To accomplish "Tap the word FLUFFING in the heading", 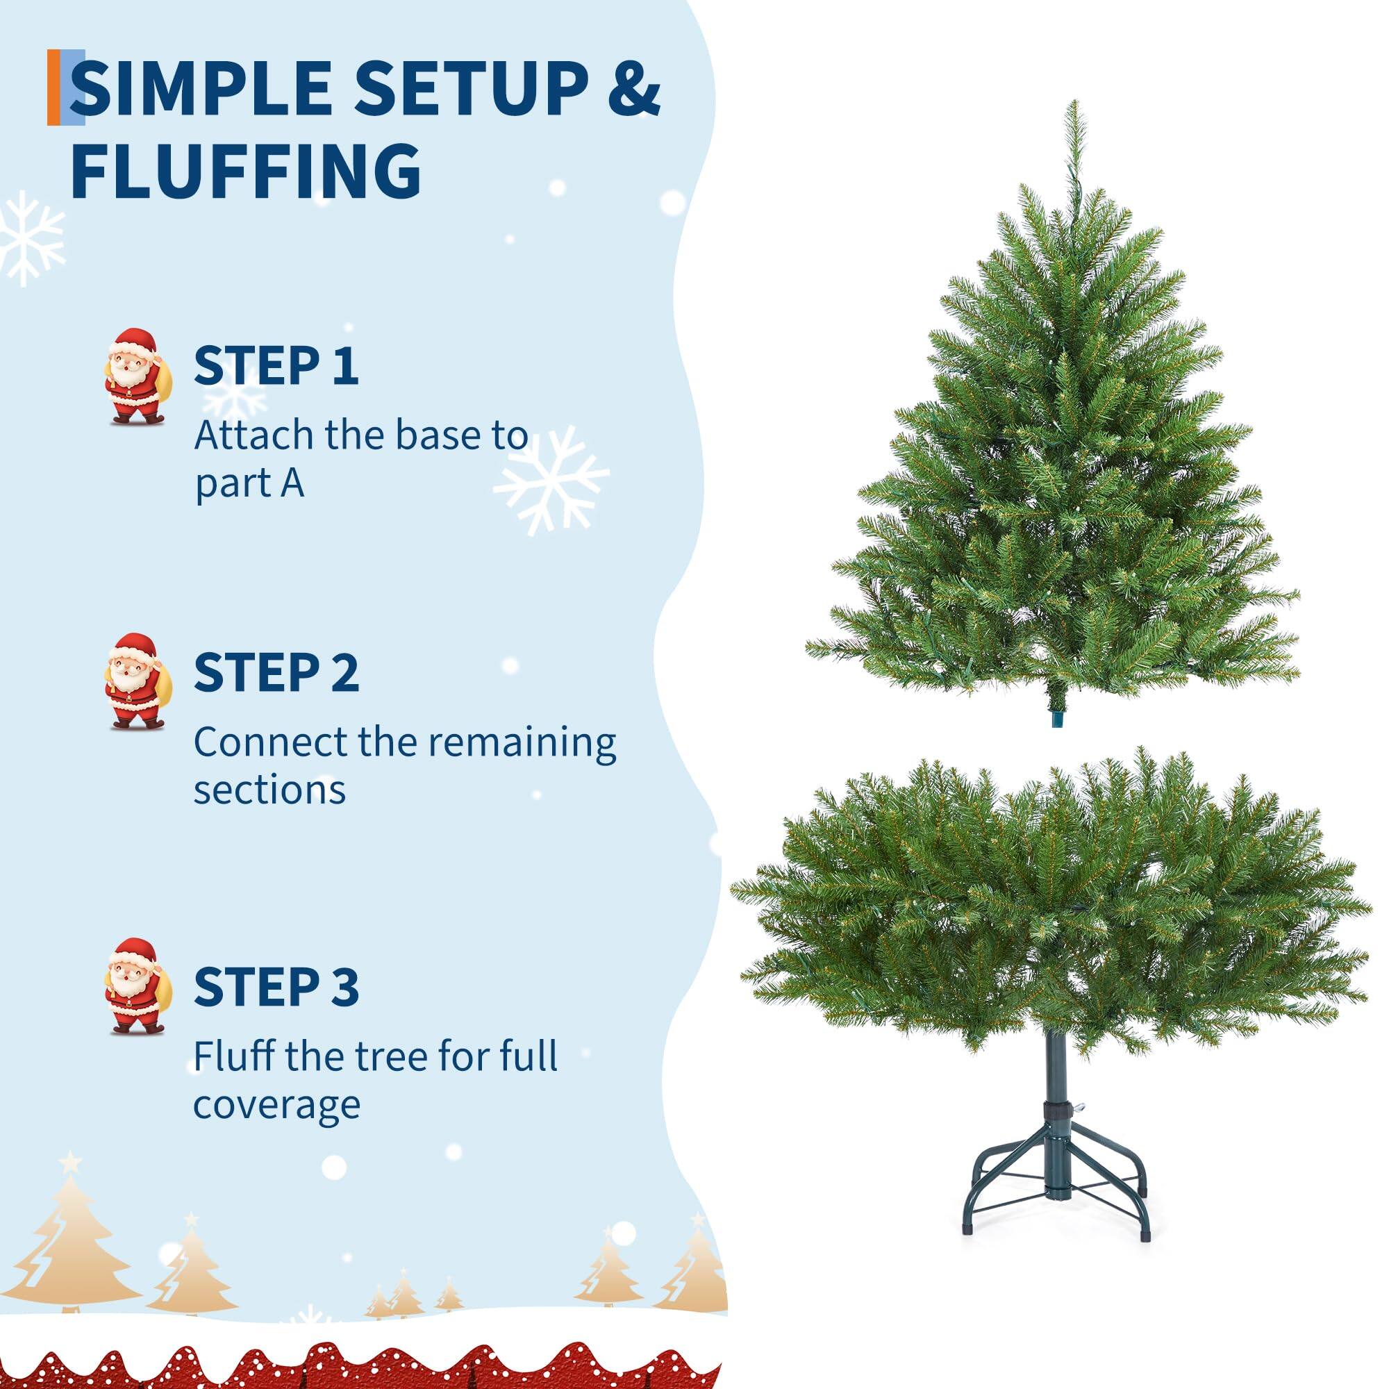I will pyautogui.click(x=246, y=170).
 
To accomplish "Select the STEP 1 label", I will pyautogui.click(x=276, y=365).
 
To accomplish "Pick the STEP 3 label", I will pyautogui.click(x=276, y=986).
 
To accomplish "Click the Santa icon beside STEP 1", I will pyautogui.click(x=135, y=375).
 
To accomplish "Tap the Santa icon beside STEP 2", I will pyautogui.click(x=135, y=681).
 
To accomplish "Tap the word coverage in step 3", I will pyautogui.click(x=277, y=1105).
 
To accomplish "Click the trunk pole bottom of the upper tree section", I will pyautogui.click(x=1056, y=718).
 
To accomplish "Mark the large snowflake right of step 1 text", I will pyautogui.click(x=551, y=479).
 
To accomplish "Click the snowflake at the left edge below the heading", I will pyautogui.click(x=28, y=238).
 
